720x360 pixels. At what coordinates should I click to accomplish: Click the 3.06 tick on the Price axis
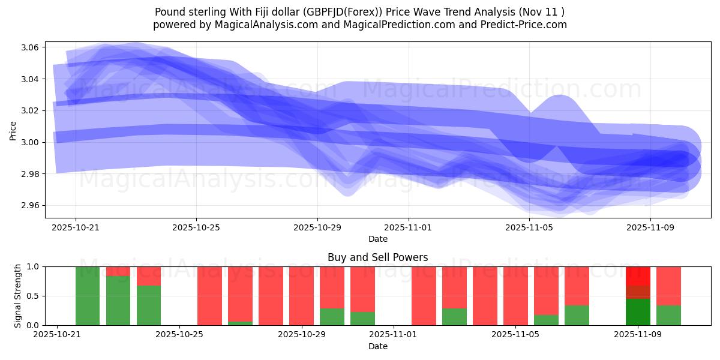pos(31,47)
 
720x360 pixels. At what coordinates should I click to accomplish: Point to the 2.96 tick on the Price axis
pos(31,205)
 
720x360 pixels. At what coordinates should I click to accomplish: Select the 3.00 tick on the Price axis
pos(31,142)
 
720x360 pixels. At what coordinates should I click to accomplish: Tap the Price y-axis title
pos(13,130)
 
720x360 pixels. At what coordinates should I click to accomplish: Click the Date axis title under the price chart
pos(378,239)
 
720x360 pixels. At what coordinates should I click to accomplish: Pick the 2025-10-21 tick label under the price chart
pos(76,228)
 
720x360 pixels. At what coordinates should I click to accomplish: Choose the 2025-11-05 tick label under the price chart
pos(530,228)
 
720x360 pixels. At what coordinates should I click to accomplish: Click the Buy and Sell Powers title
pos(378,257)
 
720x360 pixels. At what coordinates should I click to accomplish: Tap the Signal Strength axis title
pos(18,296)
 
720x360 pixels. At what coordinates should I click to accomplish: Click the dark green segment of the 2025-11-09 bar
pos(638,312)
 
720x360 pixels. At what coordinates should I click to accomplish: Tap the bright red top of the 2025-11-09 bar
pos(638,275)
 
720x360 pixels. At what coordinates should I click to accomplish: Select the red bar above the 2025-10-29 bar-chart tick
pos(301,296)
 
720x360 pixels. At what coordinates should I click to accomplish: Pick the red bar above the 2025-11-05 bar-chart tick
pos(515,296)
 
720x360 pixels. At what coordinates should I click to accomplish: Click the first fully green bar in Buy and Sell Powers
pos(88,296)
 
